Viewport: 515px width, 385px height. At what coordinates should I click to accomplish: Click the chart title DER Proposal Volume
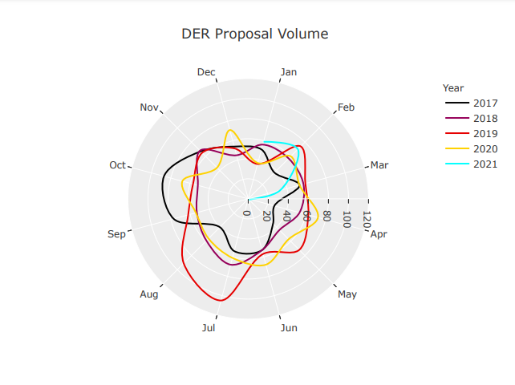coord(254,34)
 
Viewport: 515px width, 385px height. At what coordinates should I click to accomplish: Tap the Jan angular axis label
coord(289,72)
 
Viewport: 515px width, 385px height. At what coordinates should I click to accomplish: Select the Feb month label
coord(347,107)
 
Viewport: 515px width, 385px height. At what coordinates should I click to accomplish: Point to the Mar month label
coord(379,165)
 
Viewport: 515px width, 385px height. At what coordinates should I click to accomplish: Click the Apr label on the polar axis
coord(379,234)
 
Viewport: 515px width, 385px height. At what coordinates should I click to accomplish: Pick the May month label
coord(347,294)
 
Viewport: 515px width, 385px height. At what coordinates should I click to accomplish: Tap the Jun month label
coord(289,327)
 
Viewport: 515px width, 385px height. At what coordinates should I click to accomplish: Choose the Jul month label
coord(209,327)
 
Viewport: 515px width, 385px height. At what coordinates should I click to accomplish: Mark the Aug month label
coord(149,294)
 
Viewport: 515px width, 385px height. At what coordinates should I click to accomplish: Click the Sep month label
coord(116,234)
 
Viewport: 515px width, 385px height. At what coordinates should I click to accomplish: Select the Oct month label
coord(118,165)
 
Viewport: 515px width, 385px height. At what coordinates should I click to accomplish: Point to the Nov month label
coord(149,107)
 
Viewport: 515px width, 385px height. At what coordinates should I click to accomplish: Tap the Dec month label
coord(206,72)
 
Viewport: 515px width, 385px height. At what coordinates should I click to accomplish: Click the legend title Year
coord(453,88)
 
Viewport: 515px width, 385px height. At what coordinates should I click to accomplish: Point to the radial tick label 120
coord(367,219)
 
